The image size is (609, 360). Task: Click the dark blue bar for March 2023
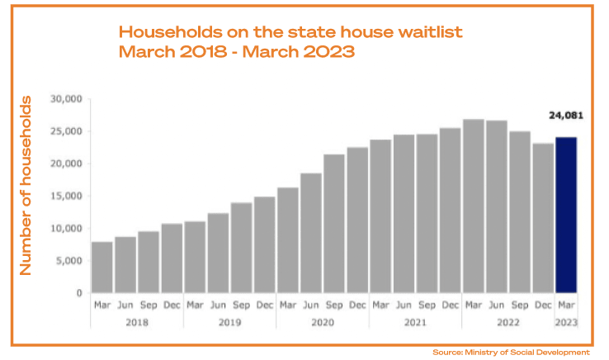click(566, 215)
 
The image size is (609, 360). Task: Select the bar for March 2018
click(102, 267)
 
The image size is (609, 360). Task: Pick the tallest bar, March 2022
click(474, 206)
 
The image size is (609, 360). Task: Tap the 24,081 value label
click(566, 116)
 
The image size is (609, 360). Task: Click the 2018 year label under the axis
click(137, 323)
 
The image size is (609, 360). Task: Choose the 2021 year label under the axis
click(415, 323)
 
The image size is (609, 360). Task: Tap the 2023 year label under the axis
click(566, 323)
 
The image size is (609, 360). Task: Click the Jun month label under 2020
click(311, 305)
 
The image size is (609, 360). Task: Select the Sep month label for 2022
click(520, 305)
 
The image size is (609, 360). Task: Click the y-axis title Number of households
click(27, 186)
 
